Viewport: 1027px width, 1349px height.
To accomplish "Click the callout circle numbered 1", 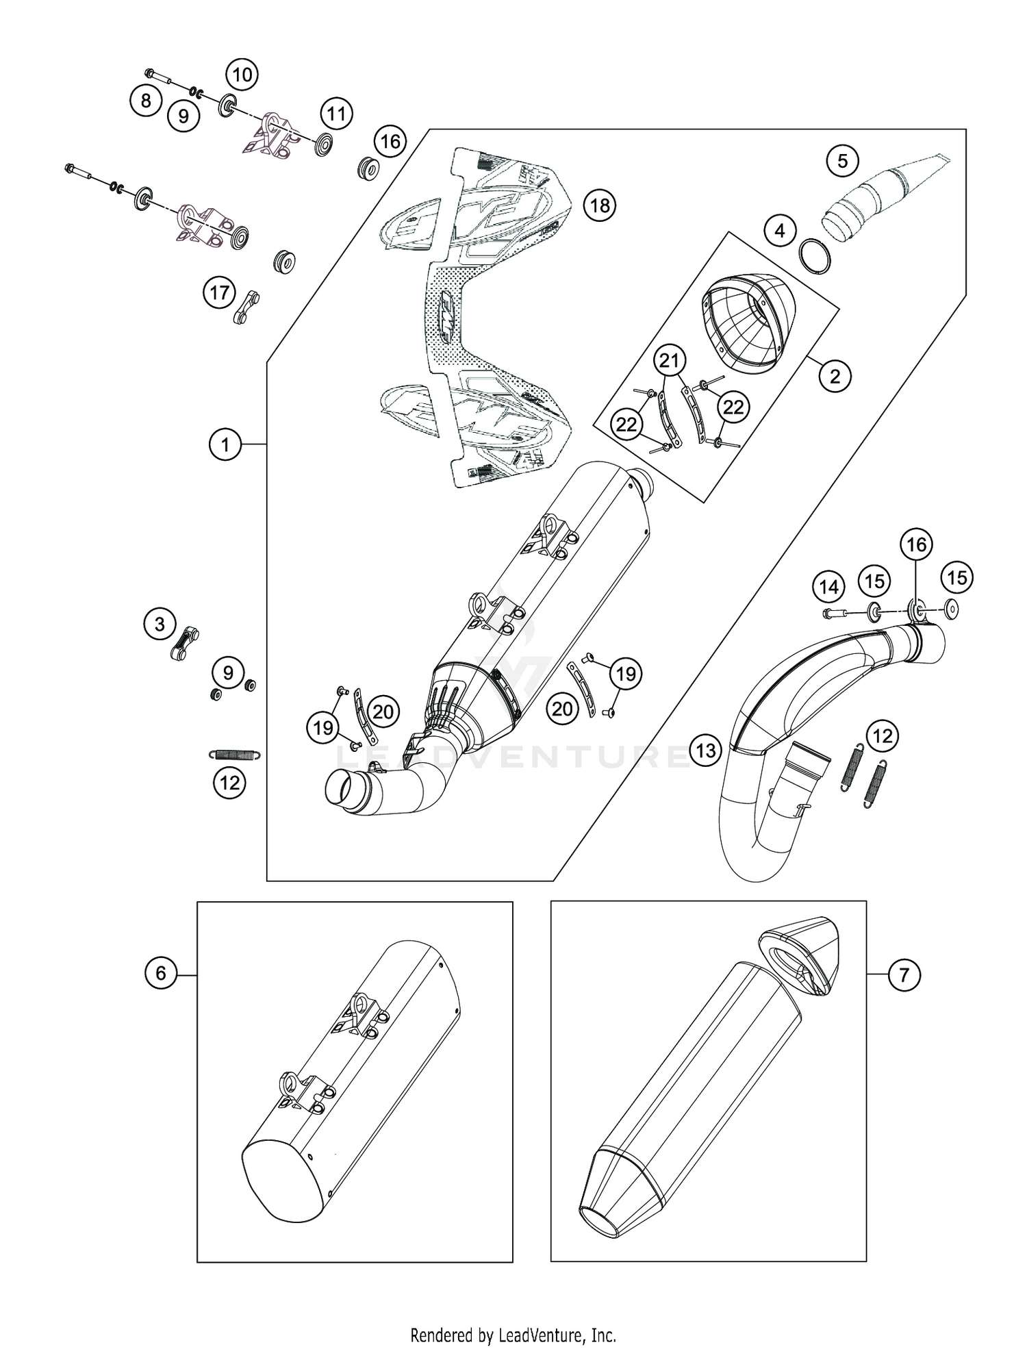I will [225, 445].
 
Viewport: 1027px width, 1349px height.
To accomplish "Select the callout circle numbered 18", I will [600, 205].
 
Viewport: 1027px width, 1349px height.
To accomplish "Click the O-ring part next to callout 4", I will [815, 257].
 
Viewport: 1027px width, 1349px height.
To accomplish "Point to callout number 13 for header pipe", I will [706, 751].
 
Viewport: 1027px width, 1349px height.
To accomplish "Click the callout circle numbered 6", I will [161, 973].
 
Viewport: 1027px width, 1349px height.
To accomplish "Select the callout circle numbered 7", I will [904, 973].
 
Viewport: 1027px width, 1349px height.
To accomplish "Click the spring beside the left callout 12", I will [233, 755].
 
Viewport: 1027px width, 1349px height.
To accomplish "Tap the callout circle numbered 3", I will [160, 624].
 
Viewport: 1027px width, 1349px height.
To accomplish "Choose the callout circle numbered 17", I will [219, 293].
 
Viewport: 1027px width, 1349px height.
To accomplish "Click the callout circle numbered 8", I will [146, 101].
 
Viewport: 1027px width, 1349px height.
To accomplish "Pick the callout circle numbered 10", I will [242, 74].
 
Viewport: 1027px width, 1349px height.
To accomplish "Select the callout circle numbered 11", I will [335, 113].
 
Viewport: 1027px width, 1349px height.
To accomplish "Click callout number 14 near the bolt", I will [828, 587].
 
